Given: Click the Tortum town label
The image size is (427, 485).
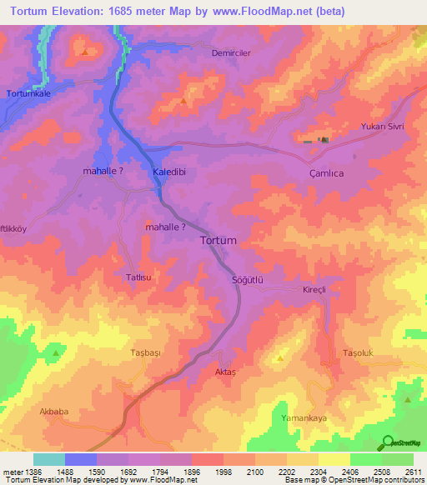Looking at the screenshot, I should (219, 240).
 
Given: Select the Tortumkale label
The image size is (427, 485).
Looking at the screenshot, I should (28, 93).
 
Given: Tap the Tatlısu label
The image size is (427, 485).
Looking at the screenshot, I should (138, 277).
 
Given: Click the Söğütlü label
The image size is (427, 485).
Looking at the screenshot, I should (247, 281).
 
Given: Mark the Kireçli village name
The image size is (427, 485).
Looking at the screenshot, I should (317, 289).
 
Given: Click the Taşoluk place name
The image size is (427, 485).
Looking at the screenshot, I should (362, 353).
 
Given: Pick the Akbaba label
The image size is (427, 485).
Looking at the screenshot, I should (54, 412).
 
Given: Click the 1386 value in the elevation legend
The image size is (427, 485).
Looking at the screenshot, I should (24, 472).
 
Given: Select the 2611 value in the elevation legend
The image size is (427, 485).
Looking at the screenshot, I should (413, 472).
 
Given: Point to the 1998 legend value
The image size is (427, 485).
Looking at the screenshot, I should (224, 472).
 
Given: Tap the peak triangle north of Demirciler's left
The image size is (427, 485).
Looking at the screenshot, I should (86, 52).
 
